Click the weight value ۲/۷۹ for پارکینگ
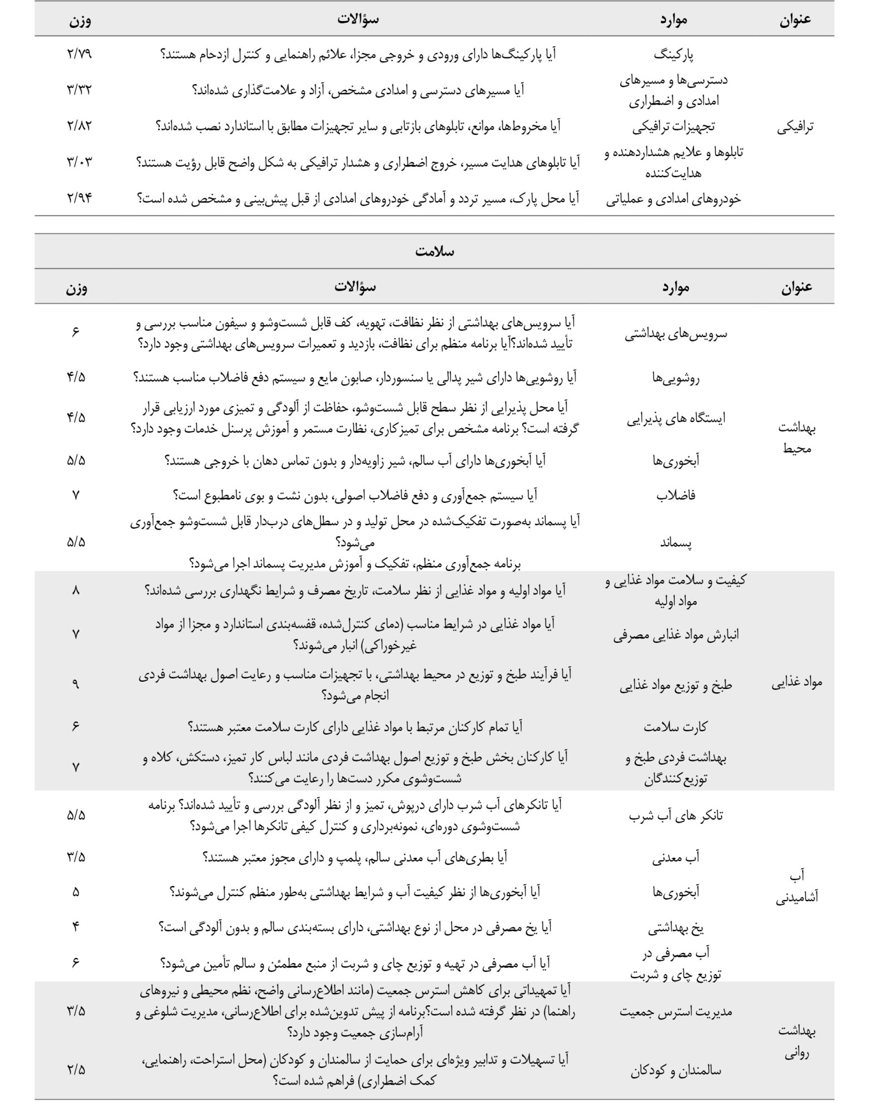pos(79,55)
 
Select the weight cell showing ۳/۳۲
pos(79,89)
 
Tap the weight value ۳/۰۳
pos(79,162)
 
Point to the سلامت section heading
pos(434,251)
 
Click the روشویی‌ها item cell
pos(675,378)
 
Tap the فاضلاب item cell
pos(676,495)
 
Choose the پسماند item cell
pos(676,543)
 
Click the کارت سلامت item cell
pos(675,727)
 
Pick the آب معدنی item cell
pos(675,858)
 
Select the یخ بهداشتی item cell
pos(675,928)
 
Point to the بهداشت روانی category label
pos(796,1041)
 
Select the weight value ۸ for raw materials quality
pos(76,590)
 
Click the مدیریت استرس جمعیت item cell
pos(675,1012)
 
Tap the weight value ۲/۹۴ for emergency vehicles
pos(79,198)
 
